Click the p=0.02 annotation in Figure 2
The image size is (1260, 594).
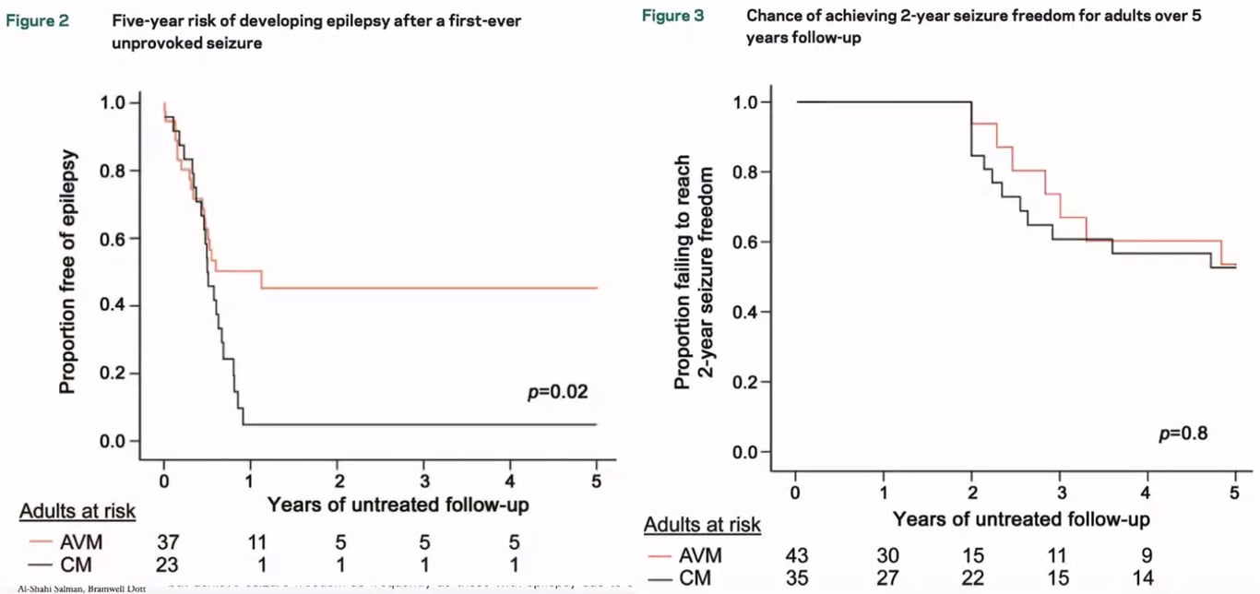[556, 392]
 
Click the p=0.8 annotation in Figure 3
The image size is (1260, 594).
[1183, 433]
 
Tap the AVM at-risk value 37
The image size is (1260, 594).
[167, 541]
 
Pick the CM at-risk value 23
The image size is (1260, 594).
[167, 564]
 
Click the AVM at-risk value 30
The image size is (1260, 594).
[886, 556]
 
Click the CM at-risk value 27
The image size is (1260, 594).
[886, 579]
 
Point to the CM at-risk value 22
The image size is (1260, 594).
[973, 579]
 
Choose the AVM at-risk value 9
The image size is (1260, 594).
[1145, 556]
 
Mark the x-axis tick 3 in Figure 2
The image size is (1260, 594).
[423, 481]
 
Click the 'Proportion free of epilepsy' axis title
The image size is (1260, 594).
[67, 272]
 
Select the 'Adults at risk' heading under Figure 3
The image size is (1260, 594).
[703, 526]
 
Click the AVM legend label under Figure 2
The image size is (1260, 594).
[75, 541]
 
